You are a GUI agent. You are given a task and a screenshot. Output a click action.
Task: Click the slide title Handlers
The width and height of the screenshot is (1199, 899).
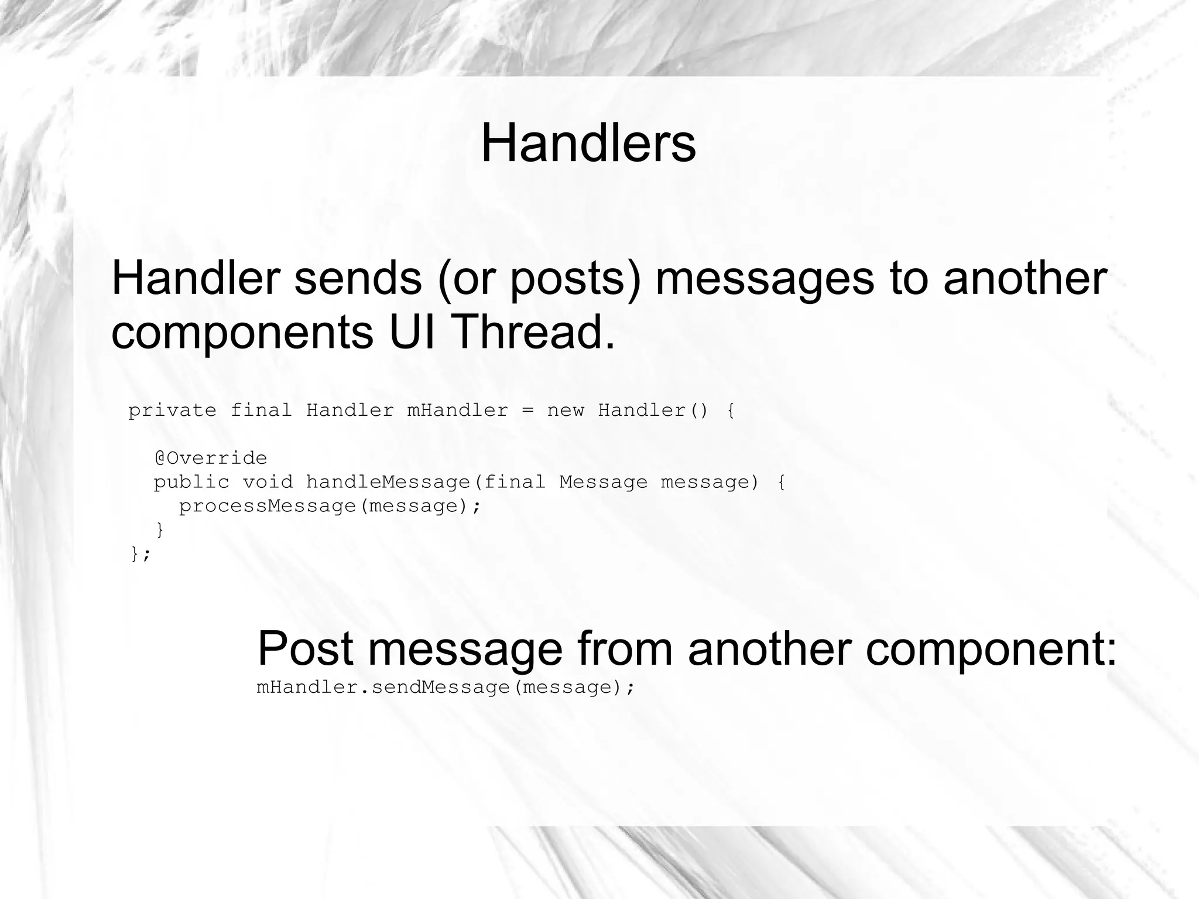588,143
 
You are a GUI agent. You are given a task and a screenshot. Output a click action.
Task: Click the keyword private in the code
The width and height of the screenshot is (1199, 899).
172,411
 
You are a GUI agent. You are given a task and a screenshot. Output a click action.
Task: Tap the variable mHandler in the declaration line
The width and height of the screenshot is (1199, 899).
457,410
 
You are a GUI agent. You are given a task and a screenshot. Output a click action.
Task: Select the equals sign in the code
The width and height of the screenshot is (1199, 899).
527,411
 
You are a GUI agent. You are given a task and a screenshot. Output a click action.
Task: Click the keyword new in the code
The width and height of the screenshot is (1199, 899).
566,411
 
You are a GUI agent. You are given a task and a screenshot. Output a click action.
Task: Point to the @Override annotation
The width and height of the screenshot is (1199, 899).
210,457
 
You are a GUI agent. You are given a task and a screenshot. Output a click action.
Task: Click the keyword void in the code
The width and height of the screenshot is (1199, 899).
268,482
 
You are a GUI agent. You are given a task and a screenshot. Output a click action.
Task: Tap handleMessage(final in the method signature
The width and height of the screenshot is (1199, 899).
426,482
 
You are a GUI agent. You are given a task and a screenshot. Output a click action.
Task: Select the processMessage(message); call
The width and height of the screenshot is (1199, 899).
330,506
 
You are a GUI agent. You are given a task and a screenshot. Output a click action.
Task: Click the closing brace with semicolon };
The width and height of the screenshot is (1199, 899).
141,553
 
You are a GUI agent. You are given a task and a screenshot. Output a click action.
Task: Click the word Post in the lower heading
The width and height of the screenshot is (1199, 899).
305,648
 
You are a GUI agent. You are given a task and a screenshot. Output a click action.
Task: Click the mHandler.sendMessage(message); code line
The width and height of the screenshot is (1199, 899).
446,687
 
